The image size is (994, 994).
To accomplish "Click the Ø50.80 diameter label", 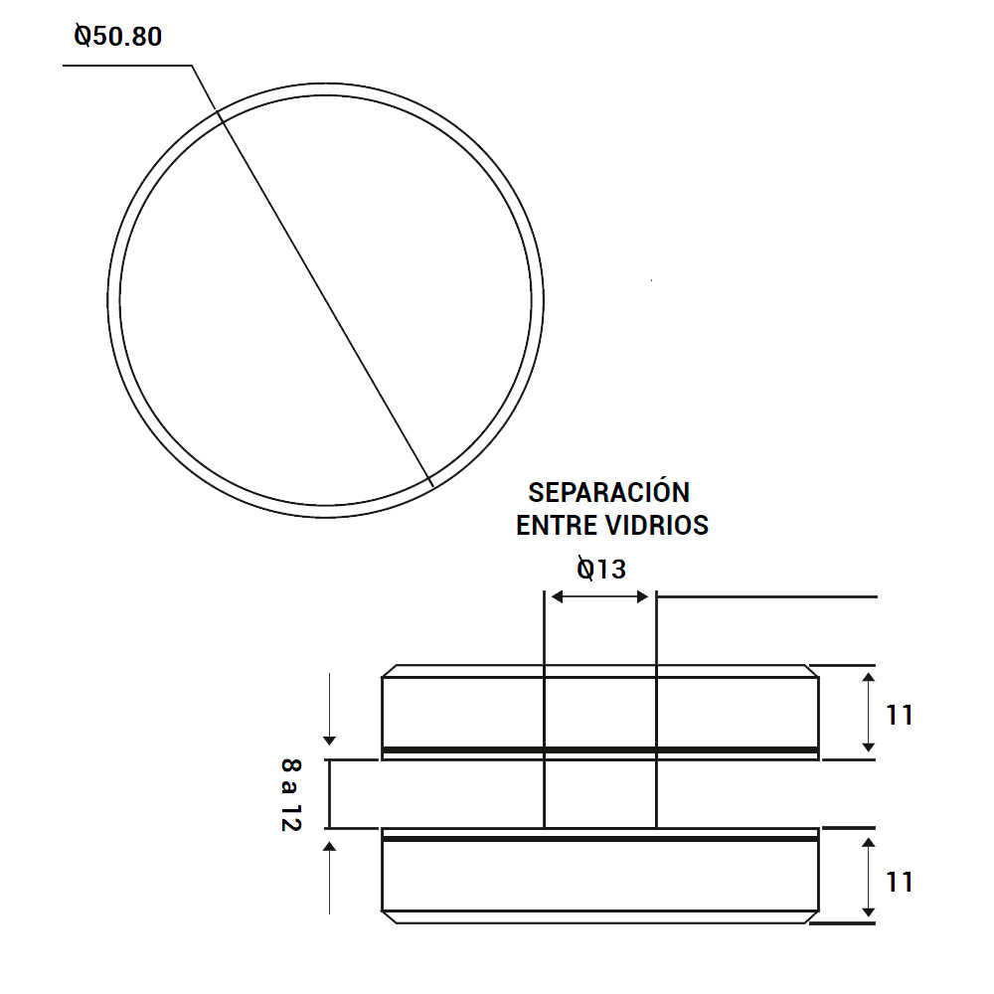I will tap(118, 37).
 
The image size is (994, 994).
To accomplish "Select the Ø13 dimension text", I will tap(601, 569).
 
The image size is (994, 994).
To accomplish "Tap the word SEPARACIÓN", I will tap(608, 492).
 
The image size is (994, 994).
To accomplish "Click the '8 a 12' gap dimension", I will tap(290, 793).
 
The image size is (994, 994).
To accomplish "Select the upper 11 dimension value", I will tap(899, 715).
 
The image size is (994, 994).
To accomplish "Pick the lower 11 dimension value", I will tap(899, 882).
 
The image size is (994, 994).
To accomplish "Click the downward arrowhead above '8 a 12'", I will tap(330, 741).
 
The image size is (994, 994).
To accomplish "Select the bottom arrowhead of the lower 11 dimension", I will tap(869, 911).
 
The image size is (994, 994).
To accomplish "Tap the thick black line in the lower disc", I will tap(600, 839).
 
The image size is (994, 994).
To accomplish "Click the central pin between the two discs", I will tap(600, 793).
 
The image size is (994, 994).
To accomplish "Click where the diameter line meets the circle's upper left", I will tap(219, 117).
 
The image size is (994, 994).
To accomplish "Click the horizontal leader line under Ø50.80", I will tap(127, 66).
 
